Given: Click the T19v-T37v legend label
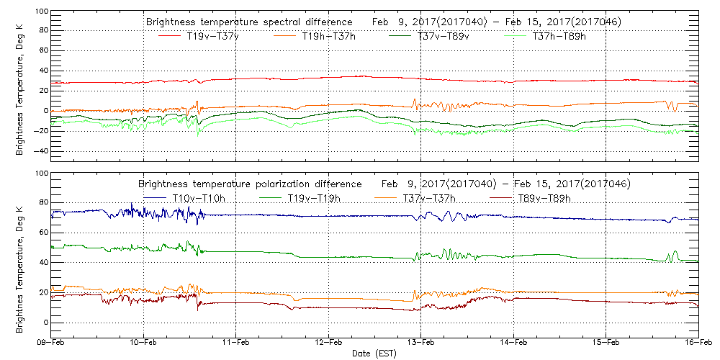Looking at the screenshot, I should coord(213,37).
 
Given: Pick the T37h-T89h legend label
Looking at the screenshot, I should coord(559,37).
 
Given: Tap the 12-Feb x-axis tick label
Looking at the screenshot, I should coord(329,343).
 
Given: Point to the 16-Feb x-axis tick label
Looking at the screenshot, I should coord(698,343).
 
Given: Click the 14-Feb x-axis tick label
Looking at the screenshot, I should coord(513,343).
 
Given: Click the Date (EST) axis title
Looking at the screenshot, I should coord(374,354).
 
